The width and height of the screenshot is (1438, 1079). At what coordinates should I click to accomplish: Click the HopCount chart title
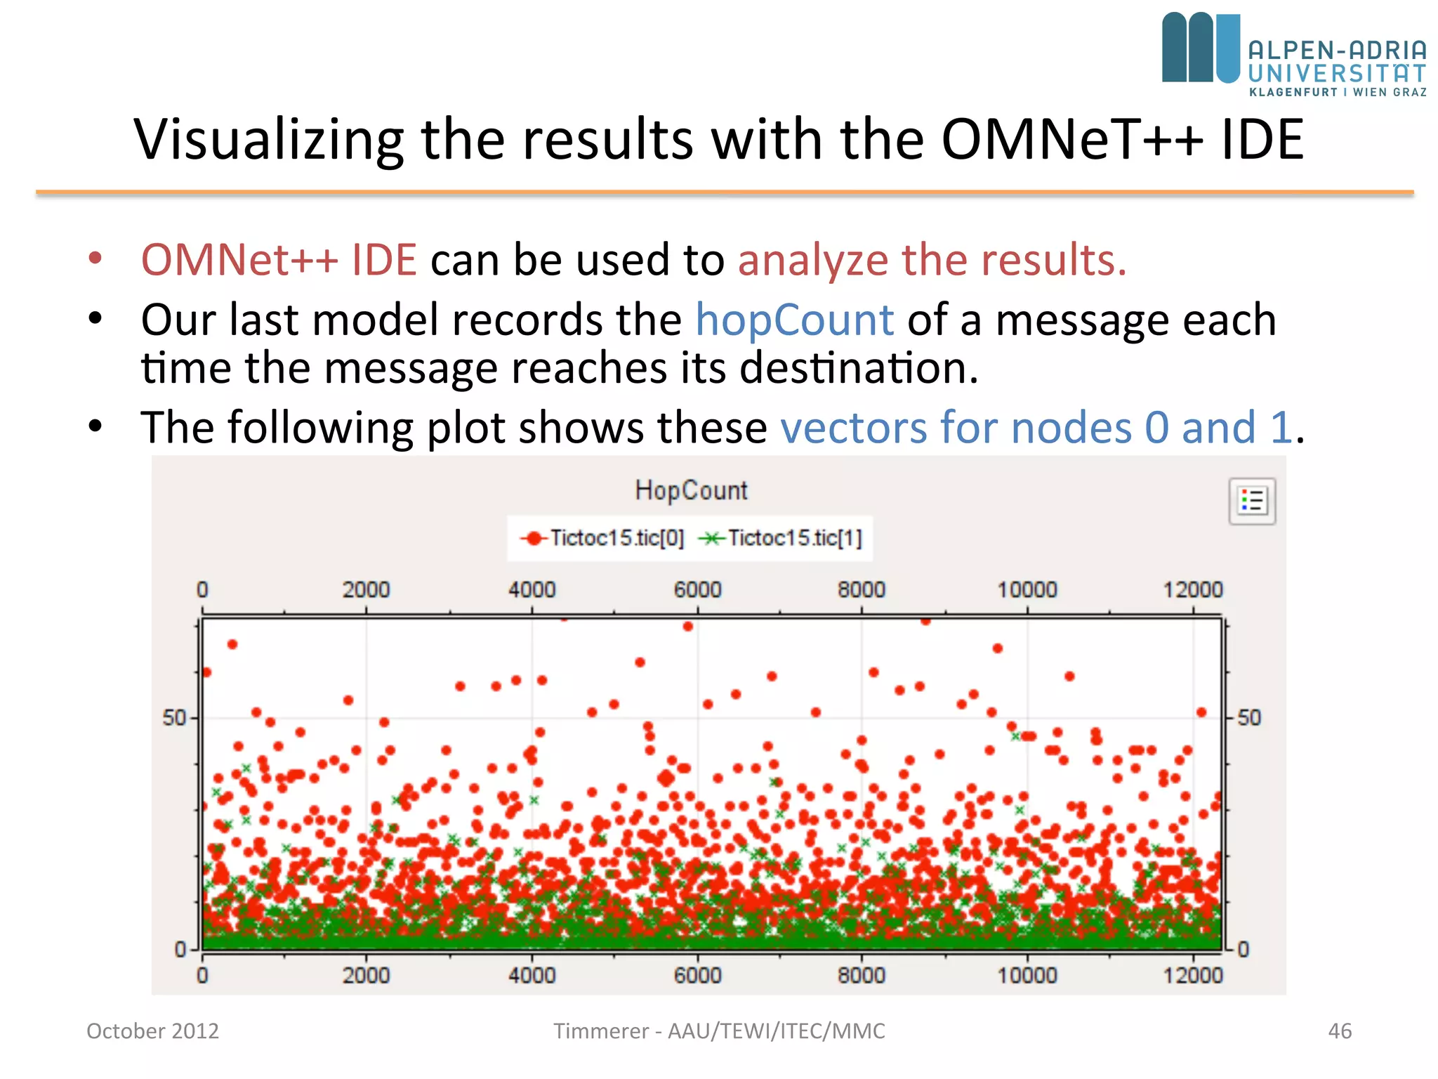click(x=691, y=490)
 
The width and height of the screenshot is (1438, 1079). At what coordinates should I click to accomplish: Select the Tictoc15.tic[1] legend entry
click(x=781, y=538)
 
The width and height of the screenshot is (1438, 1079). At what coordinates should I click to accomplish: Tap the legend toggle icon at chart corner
click(x=1252, y=501)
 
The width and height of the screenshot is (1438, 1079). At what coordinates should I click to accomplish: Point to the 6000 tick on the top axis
click(x=697, y=589)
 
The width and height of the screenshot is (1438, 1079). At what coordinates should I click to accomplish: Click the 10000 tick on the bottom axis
click(x=1027, y=975)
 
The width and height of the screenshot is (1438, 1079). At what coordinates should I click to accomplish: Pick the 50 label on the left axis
click(x=174, y=718)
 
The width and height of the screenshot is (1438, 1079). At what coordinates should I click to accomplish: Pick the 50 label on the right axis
click(x=1249, y=718)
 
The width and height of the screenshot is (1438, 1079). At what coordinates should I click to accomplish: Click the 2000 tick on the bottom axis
click(x=366, y=975)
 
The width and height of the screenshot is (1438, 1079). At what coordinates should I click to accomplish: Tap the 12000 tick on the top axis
click(x=1192, y=589)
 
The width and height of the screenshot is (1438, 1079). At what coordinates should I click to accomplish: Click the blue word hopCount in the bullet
click(x=794, y=320)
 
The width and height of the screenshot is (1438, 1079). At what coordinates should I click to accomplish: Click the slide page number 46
click(x=1340, y=1031)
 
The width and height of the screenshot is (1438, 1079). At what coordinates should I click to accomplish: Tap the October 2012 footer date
click(x=152, y=1031)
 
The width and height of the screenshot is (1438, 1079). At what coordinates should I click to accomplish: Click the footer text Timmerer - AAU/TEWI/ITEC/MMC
click(x=719, y=1031)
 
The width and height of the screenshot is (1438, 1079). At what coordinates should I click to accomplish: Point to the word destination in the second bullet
click(x=858, y=368)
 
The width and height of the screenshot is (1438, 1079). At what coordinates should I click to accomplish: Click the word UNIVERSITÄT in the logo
click(x=1337, y=73)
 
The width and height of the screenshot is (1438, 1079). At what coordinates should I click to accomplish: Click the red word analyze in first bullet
click(x=813, y=260)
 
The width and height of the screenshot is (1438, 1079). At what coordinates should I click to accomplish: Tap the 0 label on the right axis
click(x=1243, y=950)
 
